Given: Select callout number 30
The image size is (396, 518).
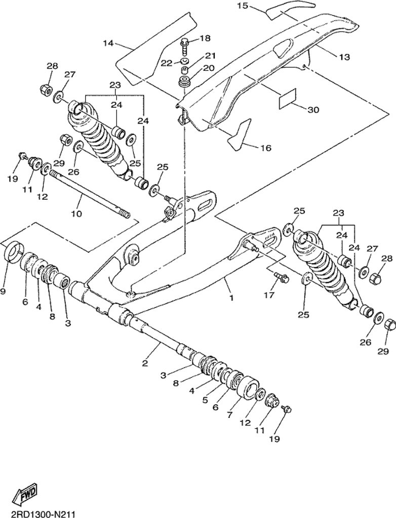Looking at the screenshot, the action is click(313, 109).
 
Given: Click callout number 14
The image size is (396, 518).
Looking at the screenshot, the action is click(108, 43).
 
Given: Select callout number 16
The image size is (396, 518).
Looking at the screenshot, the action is click(266, 148).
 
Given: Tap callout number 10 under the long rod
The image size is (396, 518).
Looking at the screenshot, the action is click(76, 213).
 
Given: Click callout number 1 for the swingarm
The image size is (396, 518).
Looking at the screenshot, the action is click(231, 298).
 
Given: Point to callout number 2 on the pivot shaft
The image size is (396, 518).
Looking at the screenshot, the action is click(144, 363).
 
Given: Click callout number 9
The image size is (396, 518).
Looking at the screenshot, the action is click(3, 291).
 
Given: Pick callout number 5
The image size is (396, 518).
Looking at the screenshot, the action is click(206, 400).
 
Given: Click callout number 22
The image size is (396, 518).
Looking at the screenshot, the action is click(167, 63).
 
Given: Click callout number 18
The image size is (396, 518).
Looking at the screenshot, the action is click(205, 38).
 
